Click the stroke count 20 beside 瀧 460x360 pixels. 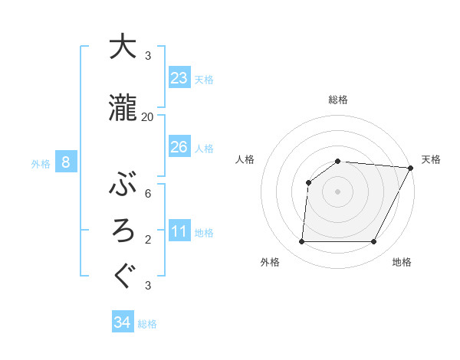pos(148,117)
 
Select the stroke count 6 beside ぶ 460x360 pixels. pos(148,193)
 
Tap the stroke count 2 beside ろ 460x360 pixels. pos(148,240)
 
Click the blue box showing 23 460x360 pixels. pos(179,78)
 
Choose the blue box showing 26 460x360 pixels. pos(179,147)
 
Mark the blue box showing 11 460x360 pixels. pos(179,231)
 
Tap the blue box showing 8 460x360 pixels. pos(66,162)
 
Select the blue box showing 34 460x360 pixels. pos(123,322)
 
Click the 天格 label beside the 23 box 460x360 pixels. pos(204,79)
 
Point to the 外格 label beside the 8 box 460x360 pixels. pos(40,163)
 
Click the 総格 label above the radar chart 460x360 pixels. pos(338,100)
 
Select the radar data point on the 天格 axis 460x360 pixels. pos(411,169)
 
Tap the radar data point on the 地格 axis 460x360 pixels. pos(374,242)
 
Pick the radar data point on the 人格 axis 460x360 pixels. pos(308,182)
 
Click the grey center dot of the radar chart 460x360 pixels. pos(338,191)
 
